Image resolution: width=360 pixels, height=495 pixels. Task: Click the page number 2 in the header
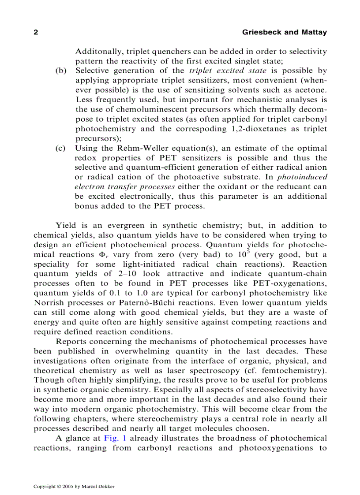click(x=36, y=33)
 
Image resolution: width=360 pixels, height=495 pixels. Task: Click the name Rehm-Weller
click(x=136, y=148)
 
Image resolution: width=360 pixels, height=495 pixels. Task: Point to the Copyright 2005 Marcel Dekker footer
click(x=74, y=487)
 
